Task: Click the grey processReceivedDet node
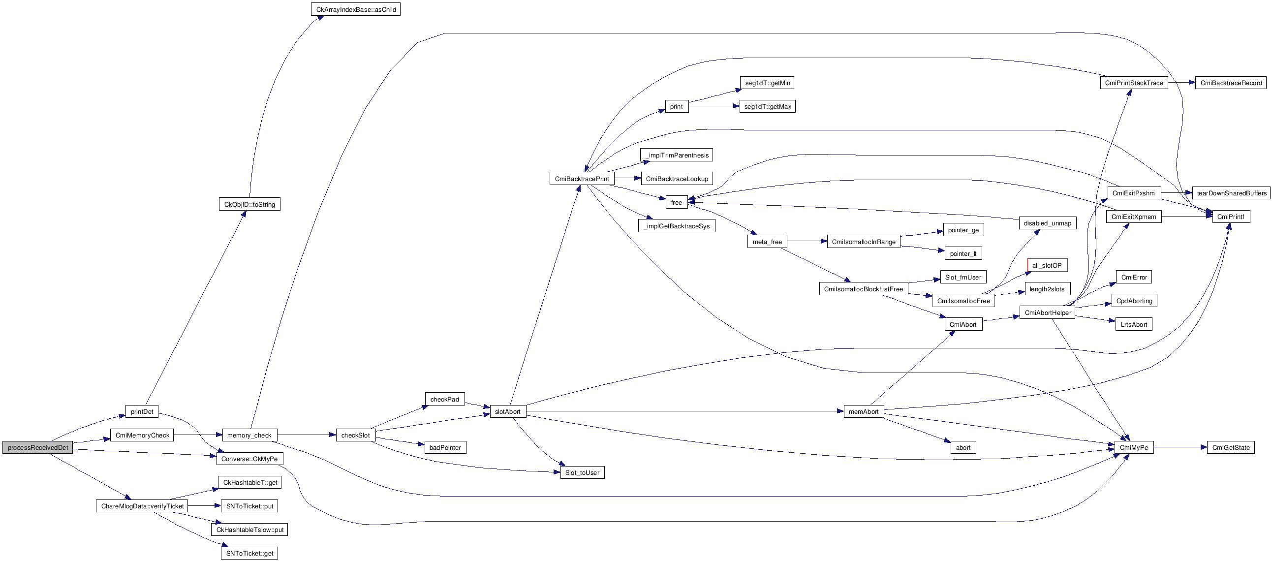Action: pyautogui.click(x=37, y=447)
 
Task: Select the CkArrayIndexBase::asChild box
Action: pyautogui.click(x=355, y=9)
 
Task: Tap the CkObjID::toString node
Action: pyautogui.click(x=249, y=204)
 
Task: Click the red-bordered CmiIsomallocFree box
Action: pyautogui.click(x=963, y=301)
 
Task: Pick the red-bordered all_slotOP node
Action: pyautogui.click(x=1047, y=265)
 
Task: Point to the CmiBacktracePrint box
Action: pyautogui.click(x=582, y=179)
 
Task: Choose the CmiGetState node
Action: pyautogui.click(x=1230, y=447)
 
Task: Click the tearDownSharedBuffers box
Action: pyautogui.click(x=1231, y=193)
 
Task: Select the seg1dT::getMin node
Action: pyautogui.click(x=767, y=83)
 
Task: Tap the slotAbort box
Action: pyautogui.click(x=507, y=411)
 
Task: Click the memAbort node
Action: pyautogui.click(x=863, y=411)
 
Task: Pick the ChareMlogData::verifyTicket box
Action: pyautogui.click(x=142, y=506)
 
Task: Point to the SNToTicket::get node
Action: pyautogui.click(x=249, y=553)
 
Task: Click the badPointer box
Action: pyautogui.click(x=445, y=447)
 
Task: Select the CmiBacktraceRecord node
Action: pyautogui.click(x=1231, y=83)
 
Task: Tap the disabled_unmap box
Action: pyautogui.click(x=1047, y=223)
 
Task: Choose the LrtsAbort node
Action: pyautogui.click(x=1134, y=324)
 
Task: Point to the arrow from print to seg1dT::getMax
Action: pyautogui.click(x=714, y=106)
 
